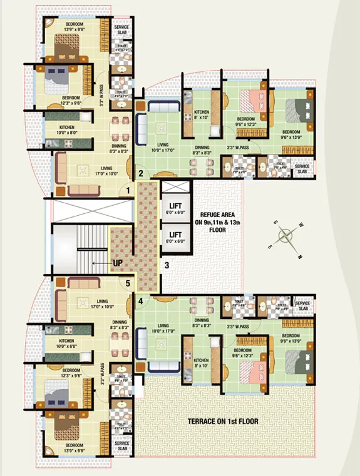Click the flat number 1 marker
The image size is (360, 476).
128,190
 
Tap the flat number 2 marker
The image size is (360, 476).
141,173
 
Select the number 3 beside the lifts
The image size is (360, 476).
167,265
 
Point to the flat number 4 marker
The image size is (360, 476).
140,300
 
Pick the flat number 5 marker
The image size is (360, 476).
128,283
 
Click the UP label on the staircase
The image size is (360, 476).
117,263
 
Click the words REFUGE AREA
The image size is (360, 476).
217,213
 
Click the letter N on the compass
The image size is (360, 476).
301,256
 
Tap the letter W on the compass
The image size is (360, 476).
301,225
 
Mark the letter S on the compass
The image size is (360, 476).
274,221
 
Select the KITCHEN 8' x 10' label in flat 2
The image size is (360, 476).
201,114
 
